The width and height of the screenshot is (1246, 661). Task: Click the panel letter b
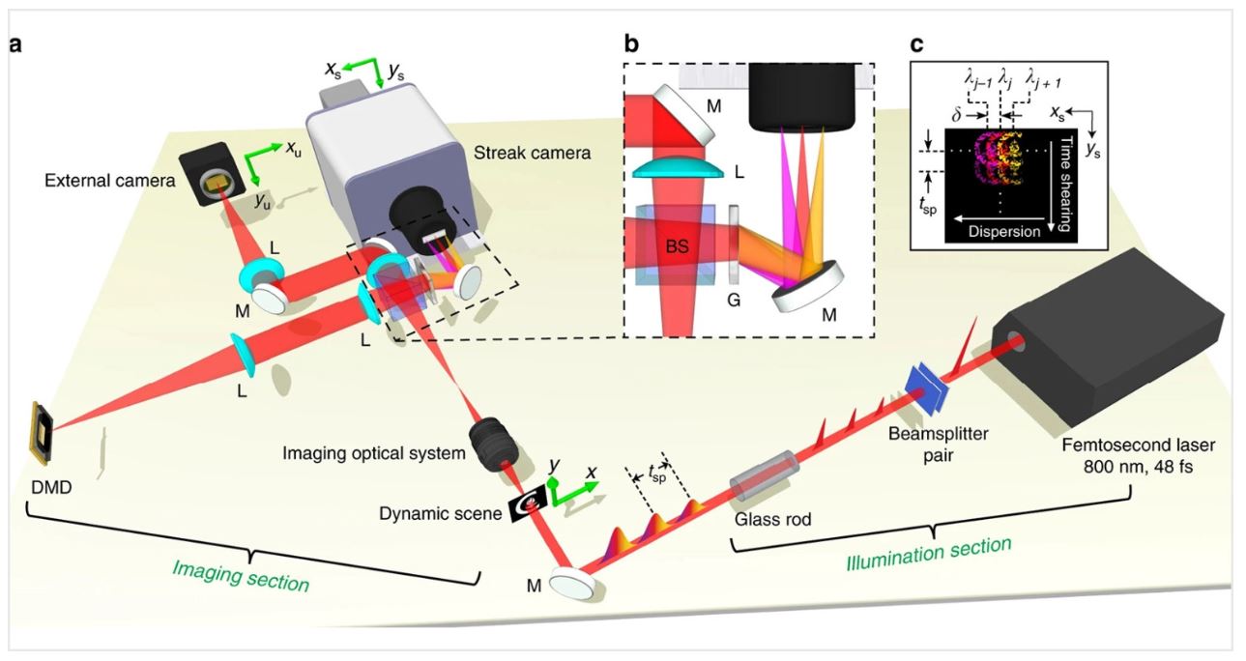(x=631, y=43)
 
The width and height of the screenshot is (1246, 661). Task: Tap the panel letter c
(x=916, y=43)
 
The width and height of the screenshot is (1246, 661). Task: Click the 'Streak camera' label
(x=532, y=153)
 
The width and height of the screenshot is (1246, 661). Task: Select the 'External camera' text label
(x=109, y=180)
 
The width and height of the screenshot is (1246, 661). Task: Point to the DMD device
(x=42, y=433)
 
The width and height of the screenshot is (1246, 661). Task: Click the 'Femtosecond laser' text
(x=1138, y=445)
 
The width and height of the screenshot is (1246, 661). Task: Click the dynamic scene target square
(x=529, y=504)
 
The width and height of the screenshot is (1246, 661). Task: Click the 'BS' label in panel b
(x=677, y=245)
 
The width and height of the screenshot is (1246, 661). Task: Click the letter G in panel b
(x=734, y=301)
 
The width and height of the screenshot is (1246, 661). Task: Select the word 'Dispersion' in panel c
(x=1004, y=231)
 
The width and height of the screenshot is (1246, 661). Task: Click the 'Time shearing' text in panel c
(x=1066, y=184)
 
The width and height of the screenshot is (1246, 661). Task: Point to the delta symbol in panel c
(x=956, y=115)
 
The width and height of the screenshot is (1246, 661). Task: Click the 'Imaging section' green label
(x=241, y=575)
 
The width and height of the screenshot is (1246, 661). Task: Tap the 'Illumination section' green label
(x=928, y=553)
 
